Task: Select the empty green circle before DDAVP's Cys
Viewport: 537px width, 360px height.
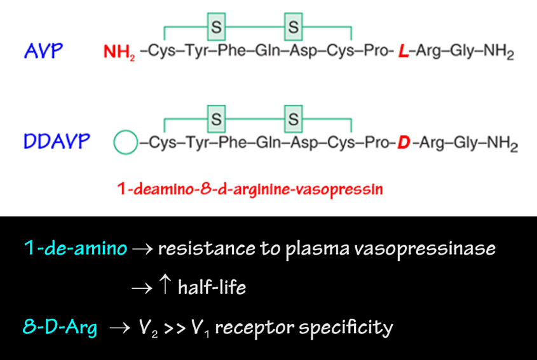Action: [125, 143]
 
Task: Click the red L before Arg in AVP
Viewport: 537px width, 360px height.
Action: [402, 52]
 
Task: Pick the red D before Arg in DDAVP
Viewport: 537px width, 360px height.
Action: [403, 143]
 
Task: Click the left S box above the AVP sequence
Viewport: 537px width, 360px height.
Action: [216, 27]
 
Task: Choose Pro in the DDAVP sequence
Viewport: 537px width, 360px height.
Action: [379, 143]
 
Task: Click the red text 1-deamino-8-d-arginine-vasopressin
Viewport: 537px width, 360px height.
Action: [250, 189]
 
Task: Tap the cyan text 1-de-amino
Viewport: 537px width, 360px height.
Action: [75, 248]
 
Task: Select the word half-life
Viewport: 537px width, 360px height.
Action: [212, 288]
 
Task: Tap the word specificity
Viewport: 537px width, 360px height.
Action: [343, 328]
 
